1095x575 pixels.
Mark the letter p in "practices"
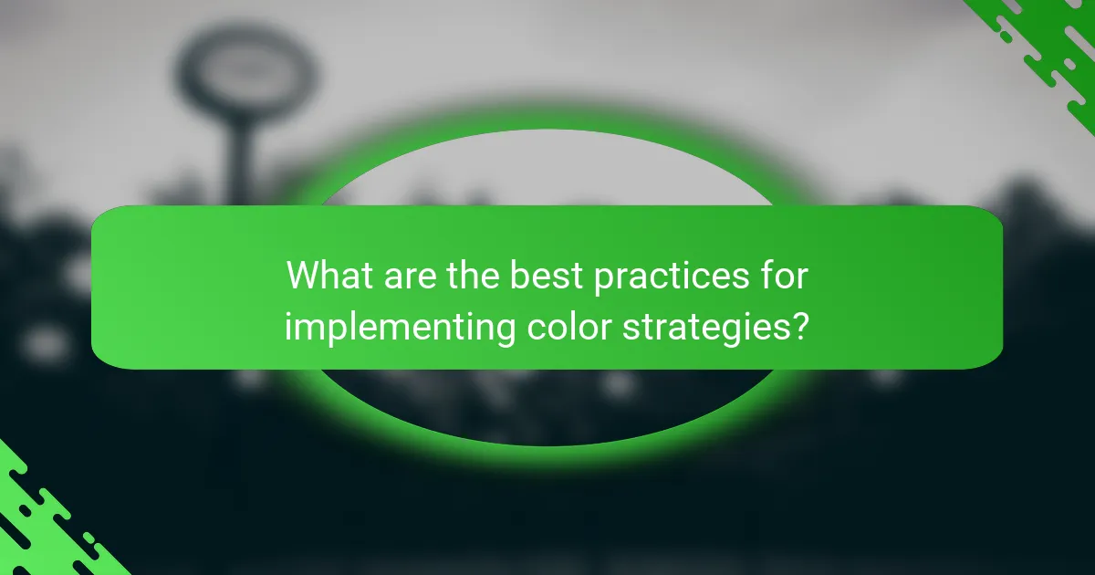tap(604, 278)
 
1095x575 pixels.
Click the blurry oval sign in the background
tap(247, 69)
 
